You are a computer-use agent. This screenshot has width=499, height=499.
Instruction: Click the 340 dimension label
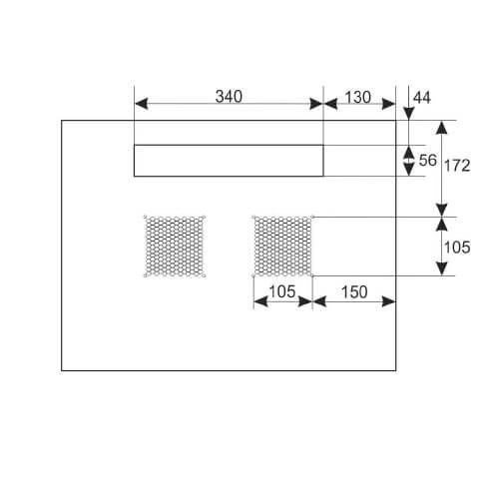(x=229, y=97)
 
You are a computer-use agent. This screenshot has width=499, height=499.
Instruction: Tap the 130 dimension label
(x=357, y=97)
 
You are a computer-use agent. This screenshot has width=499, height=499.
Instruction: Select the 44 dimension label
(x=422, y=98)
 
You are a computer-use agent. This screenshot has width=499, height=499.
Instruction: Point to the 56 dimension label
(x=427, y=161)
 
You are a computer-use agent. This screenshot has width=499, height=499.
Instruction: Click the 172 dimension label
(x=457, y=166)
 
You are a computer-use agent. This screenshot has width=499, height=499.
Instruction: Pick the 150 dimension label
(x=354, y=292)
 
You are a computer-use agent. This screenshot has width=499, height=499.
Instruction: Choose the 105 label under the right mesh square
(x=282, y=291)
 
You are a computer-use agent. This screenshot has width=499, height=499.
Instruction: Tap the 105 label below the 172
(x=457, y=248)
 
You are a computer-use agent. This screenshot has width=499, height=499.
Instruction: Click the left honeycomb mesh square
(x=175, y=247)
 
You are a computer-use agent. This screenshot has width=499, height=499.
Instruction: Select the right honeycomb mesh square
(x=282, y=247)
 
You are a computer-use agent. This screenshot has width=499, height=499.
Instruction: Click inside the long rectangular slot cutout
(x=229, y=161)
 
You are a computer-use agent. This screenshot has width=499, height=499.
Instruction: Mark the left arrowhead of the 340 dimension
(x=141, y=104)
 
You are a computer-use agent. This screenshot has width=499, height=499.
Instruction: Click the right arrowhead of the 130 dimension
(x=388, y=104)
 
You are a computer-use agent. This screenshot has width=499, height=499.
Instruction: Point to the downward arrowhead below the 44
(x=408, y=114)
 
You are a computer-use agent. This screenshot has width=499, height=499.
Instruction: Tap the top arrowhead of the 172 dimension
(x=441, y=128)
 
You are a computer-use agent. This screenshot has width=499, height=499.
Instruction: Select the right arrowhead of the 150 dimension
(x=389, y=301)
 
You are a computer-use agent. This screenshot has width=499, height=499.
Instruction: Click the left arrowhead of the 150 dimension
(x=319, y=301)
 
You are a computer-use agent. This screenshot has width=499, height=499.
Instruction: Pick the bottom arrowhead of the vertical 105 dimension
(x=441, y=268)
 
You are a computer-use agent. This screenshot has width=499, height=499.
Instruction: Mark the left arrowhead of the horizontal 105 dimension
(x=260, y=301)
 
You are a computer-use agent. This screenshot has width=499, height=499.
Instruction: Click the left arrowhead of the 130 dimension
(x=330, y=104)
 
